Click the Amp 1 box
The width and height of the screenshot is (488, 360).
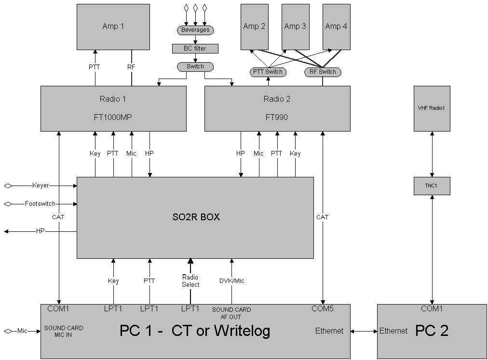(113, 27)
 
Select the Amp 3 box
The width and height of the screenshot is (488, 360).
(295, 27)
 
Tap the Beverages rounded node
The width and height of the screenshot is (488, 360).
(195, 30)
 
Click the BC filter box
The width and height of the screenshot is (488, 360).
(195, 49)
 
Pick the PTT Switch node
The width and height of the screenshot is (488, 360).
(268, 72)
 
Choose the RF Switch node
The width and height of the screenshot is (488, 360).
(323, 72)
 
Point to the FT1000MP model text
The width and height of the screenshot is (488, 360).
(113, 117)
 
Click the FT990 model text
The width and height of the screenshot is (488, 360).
(277, 117)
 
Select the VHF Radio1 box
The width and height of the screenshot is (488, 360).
(432, 108)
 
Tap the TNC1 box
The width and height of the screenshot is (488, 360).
(432, 186)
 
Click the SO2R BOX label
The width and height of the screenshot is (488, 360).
(196, 217)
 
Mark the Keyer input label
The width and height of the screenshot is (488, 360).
(41, 185)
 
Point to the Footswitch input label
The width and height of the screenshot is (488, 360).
(40, 204)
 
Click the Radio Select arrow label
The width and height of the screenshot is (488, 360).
(190, 280)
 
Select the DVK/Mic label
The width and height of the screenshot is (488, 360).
(232, 280)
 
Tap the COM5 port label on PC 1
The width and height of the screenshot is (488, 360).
(323, 308)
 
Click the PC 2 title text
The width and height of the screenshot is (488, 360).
(432, 331)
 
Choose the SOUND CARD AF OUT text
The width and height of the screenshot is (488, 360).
(231, 313)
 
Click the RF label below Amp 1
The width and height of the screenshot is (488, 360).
(131, 67)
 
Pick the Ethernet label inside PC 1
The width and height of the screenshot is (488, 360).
(329, 331)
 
